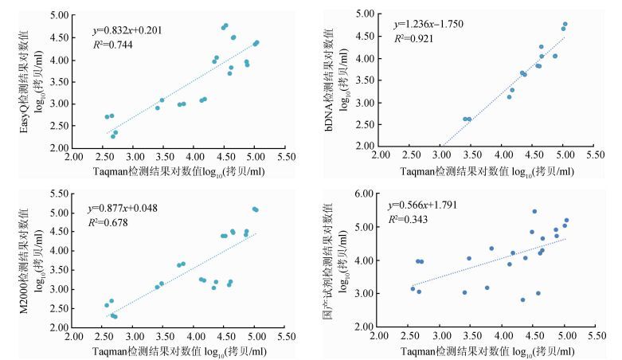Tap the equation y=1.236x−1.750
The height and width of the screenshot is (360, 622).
pyautogui.click(x=428, y=24)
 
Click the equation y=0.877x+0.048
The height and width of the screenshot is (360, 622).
pyautogui.click(x=123, y=209)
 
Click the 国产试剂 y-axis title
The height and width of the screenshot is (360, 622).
pyautogui.click(x=335, y=260)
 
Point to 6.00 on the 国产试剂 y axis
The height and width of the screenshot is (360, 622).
pyautogui.click(x=363, y=194)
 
